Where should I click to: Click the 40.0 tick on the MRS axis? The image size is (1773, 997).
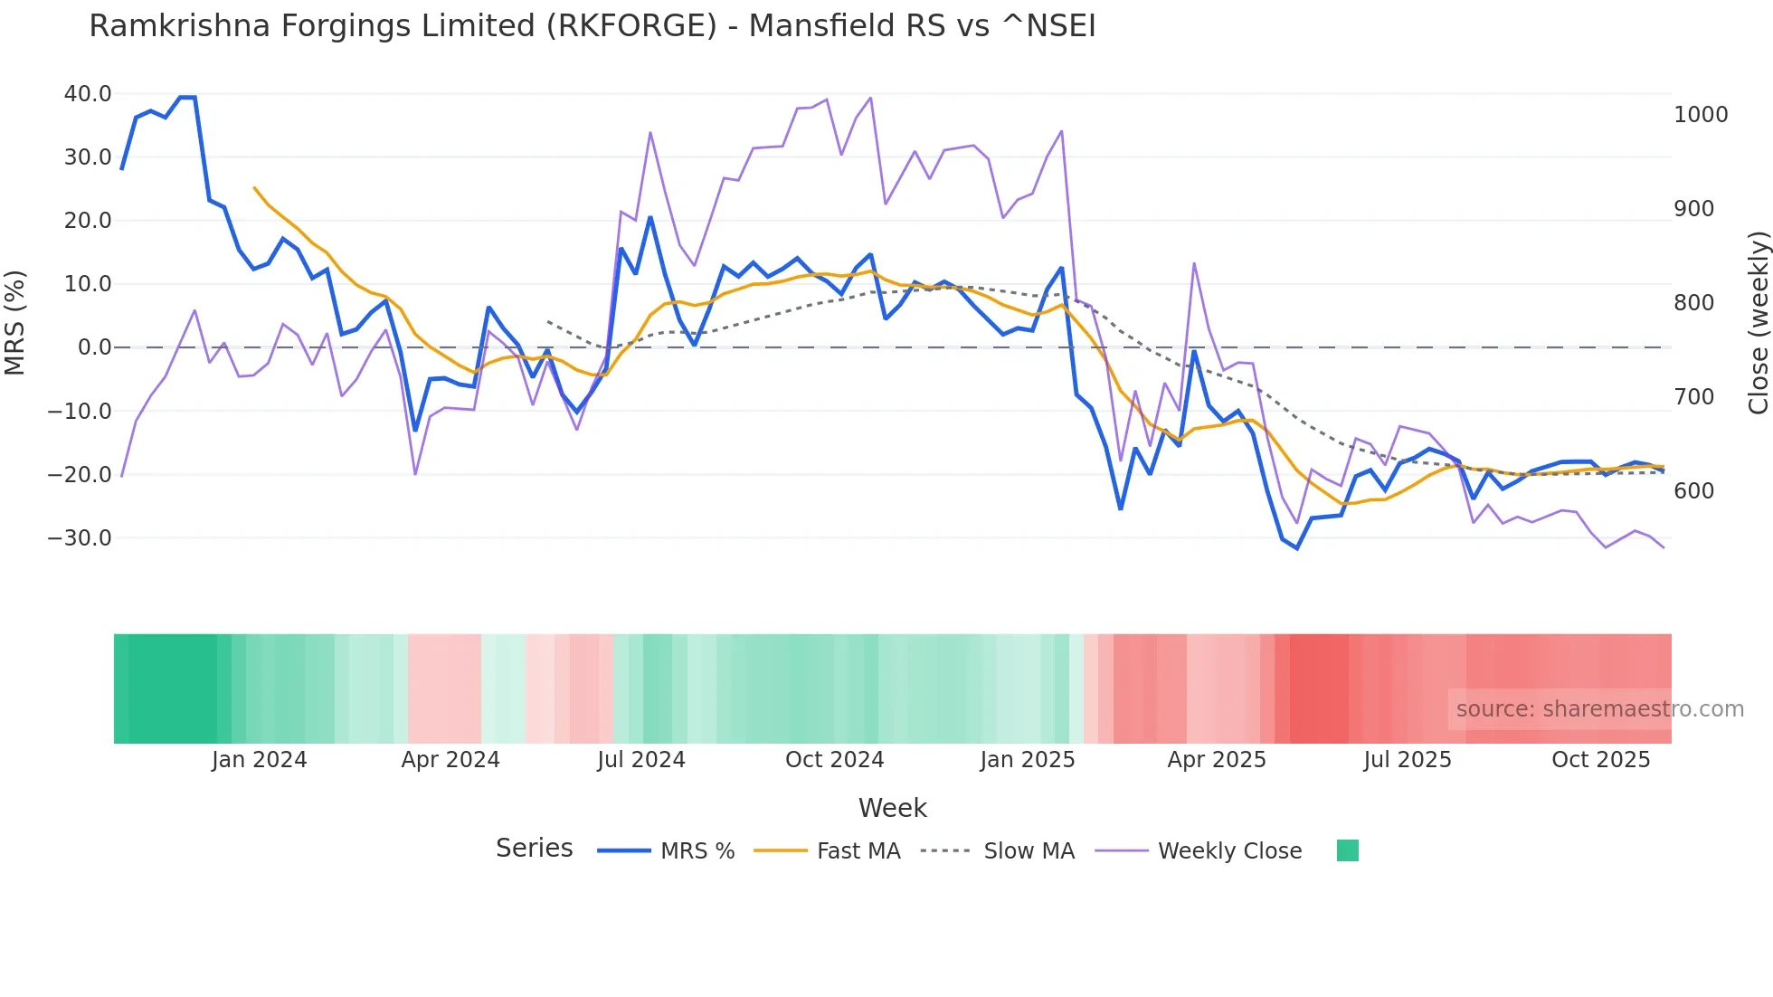pyautogui.click(x=87, y=94)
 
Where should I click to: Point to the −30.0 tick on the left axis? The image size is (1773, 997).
pyautogui.click(x=80, y=538)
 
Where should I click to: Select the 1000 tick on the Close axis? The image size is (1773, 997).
pyautogui.click(x=1701, y=115)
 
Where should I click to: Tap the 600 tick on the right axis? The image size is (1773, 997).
pyautogui.click(x=1693, y=491)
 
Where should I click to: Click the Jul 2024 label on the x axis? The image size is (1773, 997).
pyautogui.click(x=640, y=760)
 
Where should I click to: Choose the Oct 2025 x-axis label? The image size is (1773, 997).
pyautogui.click(x=1600, y=760)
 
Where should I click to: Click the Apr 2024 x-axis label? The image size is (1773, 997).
pyautogui.click(x=450, y=760)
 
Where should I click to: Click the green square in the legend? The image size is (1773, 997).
pyautogui.click(x=1347, y=850)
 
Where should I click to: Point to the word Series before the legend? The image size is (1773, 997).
pyautogui.click(x=534, y=849)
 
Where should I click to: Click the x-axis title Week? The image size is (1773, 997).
pyautogui.click(x=892, y=808)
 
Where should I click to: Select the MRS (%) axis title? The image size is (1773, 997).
pyautogui.click(x=14, y=322)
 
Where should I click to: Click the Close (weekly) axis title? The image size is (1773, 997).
pyautogui.click(x=1758, y=322)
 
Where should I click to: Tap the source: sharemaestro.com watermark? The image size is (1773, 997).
pyautogui.click(x=1599, y=709)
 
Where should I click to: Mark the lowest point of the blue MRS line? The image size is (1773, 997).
pyautogui.click(x=1297, y=548)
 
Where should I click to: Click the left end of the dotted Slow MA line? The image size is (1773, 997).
pyautogui.click(x=548, y=321)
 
